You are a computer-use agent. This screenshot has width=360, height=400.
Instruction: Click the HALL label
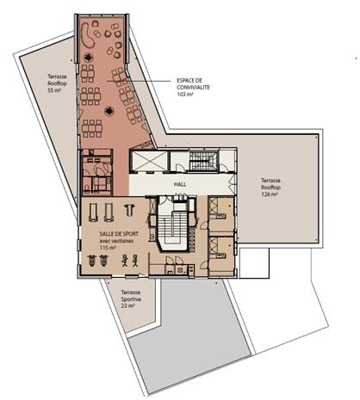click(180, 184)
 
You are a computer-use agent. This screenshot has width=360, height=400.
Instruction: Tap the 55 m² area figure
click(54, 90)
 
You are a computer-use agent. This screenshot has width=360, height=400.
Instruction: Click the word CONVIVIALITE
click(193, 87)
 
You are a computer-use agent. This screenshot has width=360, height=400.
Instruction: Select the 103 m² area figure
click(185, 94)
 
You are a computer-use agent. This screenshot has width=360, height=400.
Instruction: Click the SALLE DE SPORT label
click(119, 234)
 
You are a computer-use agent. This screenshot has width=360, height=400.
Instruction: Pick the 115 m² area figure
click(108, 248)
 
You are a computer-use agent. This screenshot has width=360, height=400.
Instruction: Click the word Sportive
click(131, 299)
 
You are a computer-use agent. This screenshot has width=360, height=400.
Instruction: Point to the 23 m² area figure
click(127, 306)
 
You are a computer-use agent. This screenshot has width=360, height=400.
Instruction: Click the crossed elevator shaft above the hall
click(149, 161)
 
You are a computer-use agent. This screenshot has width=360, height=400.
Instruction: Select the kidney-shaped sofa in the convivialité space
click(87, 36)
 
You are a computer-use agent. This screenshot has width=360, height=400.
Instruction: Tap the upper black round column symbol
click(89, 58)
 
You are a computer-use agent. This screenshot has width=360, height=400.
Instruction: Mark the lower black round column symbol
click(109, 110)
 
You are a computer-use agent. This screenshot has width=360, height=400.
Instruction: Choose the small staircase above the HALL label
click(202, 161)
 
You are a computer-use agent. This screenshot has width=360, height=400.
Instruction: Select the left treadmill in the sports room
click(93, 212)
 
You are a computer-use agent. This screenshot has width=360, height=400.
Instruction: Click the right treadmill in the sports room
click(109, 212)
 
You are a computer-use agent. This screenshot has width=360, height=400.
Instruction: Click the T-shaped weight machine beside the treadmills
click(129, 209)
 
